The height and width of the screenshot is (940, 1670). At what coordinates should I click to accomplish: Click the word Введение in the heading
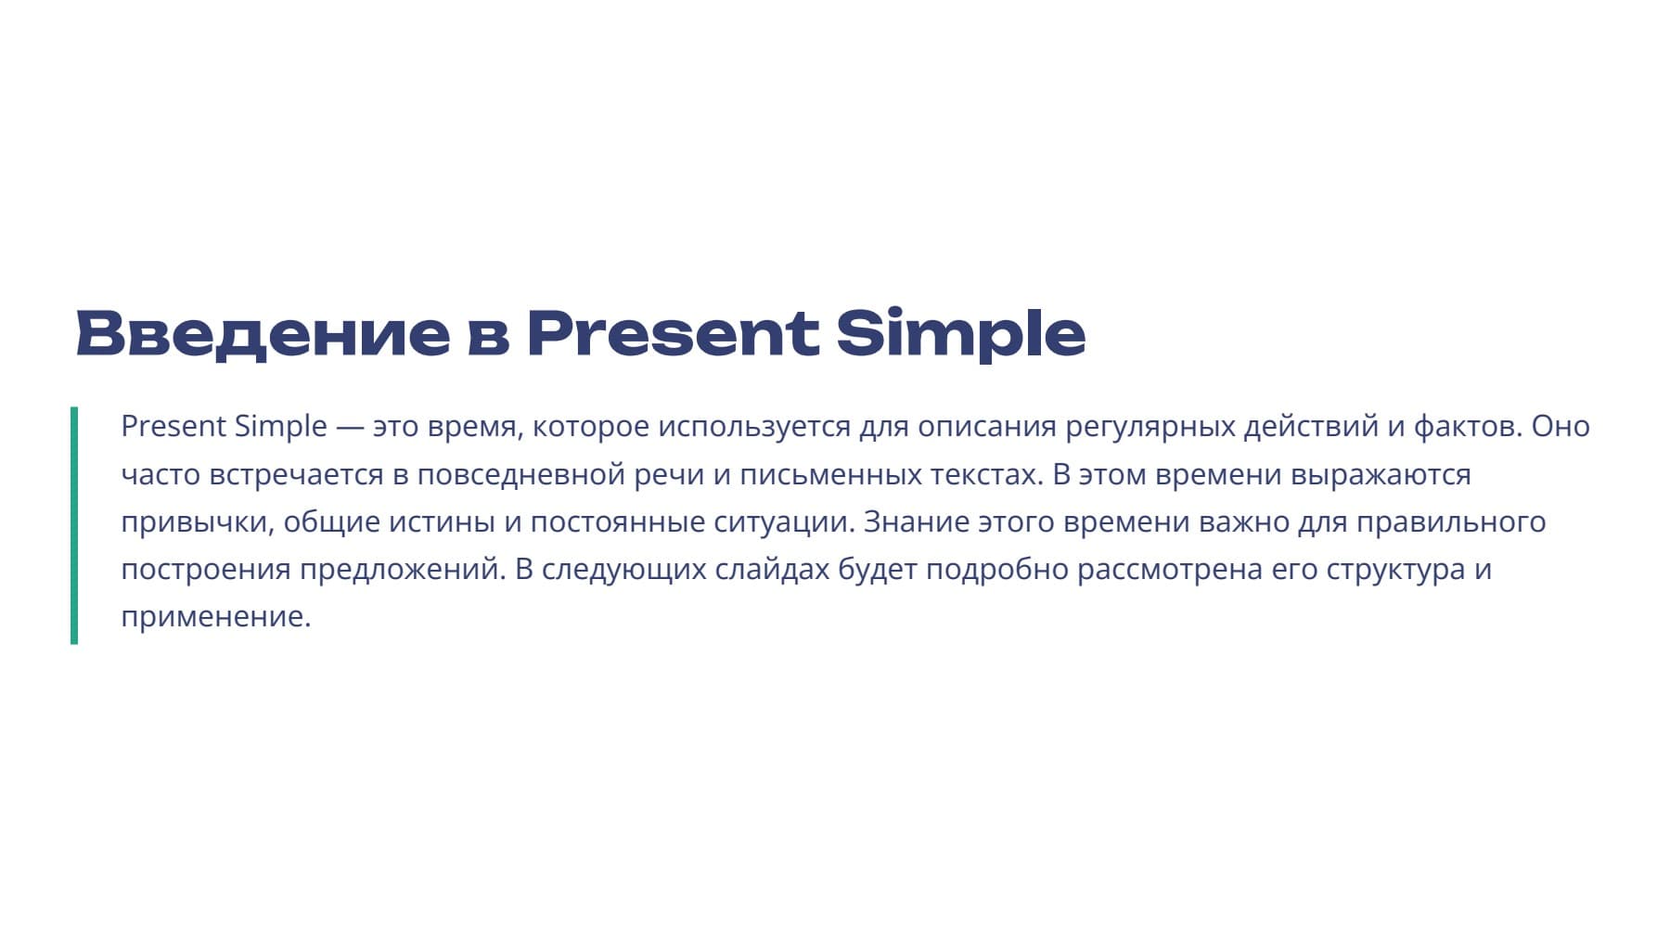pyautogui.click(x=263, y=333)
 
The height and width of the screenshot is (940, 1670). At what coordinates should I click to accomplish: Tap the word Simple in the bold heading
pyautogui.click(x=960, y=334)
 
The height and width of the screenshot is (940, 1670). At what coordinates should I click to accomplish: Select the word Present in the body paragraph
pyautogui.click(x=173, y=426)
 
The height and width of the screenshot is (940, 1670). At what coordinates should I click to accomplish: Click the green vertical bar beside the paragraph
pyautogui.click(x=74, y=525)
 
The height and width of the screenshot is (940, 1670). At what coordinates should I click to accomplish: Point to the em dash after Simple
pyautogui.click(x=350, y=427)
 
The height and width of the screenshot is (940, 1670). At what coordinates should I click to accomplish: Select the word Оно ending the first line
pyautogui.click(x=1561, y=426)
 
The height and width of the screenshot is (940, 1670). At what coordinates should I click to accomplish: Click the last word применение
pyautogui.click(x=216, y=617)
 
